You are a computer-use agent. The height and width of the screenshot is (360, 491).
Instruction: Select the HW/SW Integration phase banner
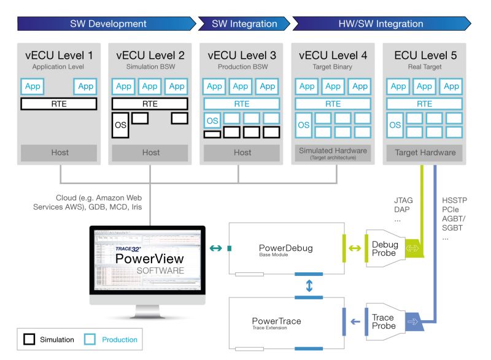tap(381, 25)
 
